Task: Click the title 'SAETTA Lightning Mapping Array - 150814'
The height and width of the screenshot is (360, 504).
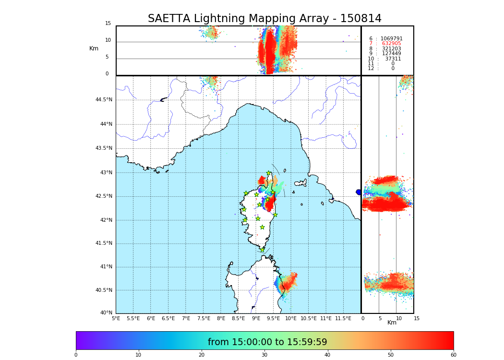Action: (x=264, y=19)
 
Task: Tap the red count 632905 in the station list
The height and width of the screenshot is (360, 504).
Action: (x=392, y=44)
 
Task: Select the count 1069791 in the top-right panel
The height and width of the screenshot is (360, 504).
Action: (x=392, y=39)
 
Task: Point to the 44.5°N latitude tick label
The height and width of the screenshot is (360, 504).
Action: (x=104, y=100)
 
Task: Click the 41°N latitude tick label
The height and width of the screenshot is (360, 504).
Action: (x=106, y=267)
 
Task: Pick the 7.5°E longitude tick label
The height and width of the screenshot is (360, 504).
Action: (x=204, y=318)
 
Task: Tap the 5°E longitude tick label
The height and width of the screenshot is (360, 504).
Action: (x=116, y=318)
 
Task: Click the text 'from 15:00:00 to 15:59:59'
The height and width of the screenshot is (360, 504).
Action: (x=267, y=342)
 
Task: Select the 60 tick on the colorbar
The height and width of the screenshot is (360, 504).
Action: (x=453, y=355)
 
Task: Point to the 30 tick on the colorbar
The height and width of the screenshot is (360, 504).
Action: (x=264, y=355)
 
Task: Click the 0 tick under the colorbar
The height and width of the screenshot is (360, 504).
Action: (x=76, y=355)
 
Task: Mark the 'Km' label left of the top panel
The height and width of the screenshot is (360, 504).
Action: (x=94, y=48)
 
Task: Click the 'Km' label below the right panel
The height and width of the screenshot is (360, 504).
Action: (x=392, y=323)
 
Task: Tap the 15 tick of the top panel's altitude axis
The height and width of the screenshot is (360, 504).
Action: (x=108, y=24)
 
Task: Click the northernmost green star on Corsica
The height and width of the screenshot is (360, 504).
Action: (x=269, y=173)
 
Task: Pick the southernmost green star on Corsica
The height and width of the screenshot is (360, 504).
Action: (x=263, y=250)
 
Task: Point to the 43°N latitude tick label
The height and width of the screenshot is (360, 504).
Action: (x=106, y=173)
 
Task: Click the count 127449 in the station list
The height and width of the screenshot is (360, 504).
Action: (x=392, y=54)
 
